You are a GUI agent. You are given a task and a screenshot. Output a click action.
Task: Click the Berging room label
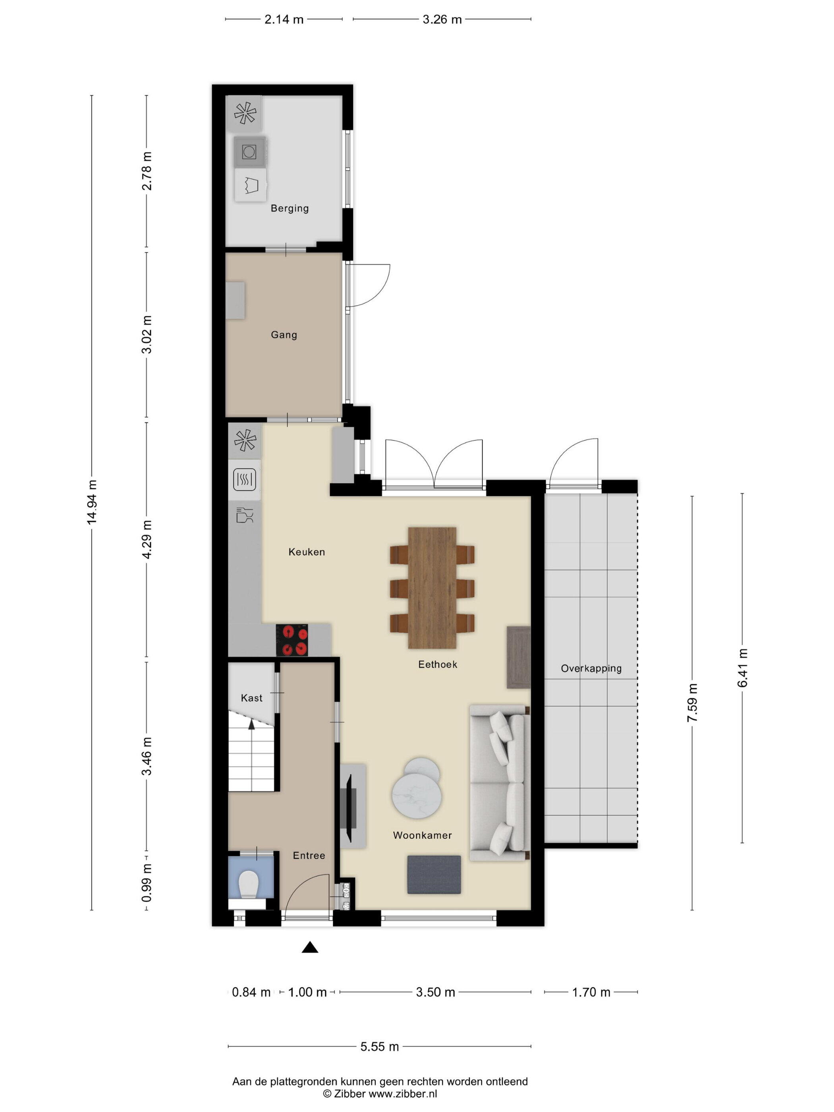[x=290, y=208]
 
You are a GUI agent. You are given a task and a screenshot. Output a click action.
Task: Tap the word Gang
[x=284, y=335]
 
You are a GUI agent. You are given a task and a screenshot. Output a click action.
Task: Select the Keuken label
[x=307, y=552]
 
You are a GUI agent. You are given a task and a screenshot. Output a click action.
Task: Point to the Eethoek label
[x=437, y=664]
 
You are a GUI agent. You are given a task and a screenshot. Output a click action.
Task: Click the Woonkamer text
[x=422, y=836]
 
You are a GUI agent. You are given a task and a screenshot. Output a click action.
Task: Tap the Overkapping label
[x=591, y=669]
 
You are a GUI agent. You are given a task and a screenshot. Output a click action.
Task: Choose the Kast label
[x=251, y=698]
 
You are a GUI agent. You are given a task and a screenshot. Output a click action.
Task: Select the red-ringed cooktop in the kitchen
[x=292, y=640]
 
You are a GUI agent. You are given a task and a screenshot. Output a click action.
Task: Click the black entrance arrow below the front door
[x=310, y=947]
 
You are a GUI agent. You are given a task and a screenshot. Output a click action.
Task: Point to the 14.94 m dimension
[x=91, y=502]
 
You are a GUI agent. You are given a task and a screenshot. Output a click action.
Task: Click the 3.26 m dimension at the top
[x=442, y=19]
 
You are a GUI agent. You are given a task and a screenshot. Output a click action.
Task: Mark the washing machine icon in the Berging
[x=249, y=151]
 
